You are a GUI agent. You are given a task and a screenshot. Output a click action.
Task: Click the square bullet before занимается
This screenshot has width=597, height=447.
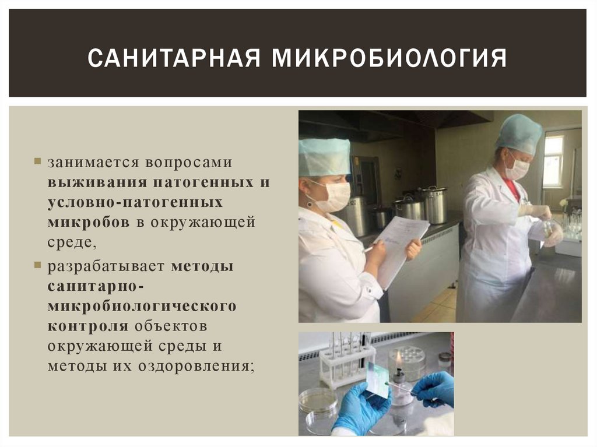[x=37, y=160]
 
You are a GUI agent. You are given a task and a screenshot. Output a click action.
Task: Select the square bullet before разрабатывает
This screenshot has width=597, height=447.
[x=37, y=265]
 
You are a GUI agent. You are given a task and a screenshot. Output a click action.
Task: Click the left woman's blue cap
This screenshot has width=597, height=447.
[x=324, y=156]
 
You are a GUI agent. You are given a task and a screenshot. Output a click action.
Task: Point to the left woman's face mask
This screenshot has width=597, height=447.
[x=333, y=196]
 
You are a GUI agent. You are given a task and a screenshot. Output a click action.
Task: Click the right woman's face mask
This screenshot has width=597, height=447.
[x=517, y=168]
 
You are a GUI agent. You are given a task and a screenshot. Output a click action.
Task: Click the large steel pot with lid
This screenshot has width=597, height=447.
[x=434, y=204]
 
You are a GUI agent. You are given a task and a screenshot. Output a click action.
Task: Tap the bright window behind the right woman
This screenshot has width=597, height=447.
[x=553, y=161]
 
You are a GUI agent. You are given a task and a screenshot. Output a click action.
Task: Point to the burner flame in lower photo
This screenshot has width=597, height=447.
[x=399, y=358]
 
